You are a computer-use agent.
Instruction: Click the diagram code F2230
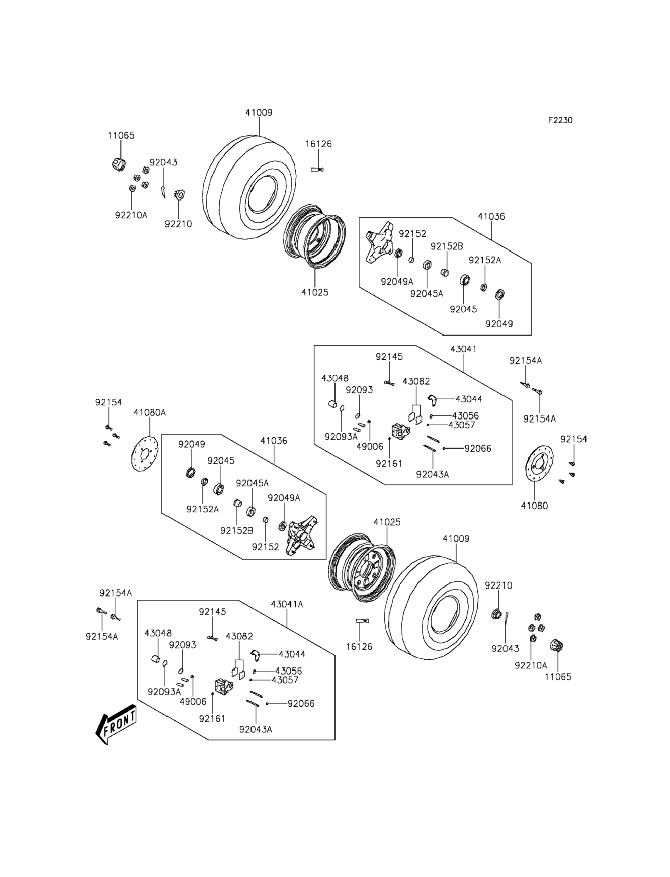(560, 120)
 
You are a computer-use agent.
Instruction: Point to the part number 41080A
(149, 412)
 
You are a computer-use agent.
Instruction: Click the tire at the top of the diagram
(249, 187)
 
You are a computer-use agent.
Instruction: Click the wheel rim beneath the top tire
(315, 236)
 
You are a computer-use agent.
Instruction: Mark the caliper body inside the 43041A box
(223, 687)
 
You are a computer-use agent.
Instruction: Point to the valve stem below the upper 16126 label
(317, 169)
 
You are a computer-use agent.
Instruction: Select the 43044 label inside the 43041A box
(292, 654)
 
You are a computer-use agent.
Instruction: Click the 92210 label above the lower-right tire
(498, 586)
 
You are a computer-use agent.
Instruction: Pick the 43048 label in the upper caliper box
(335, 378)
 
